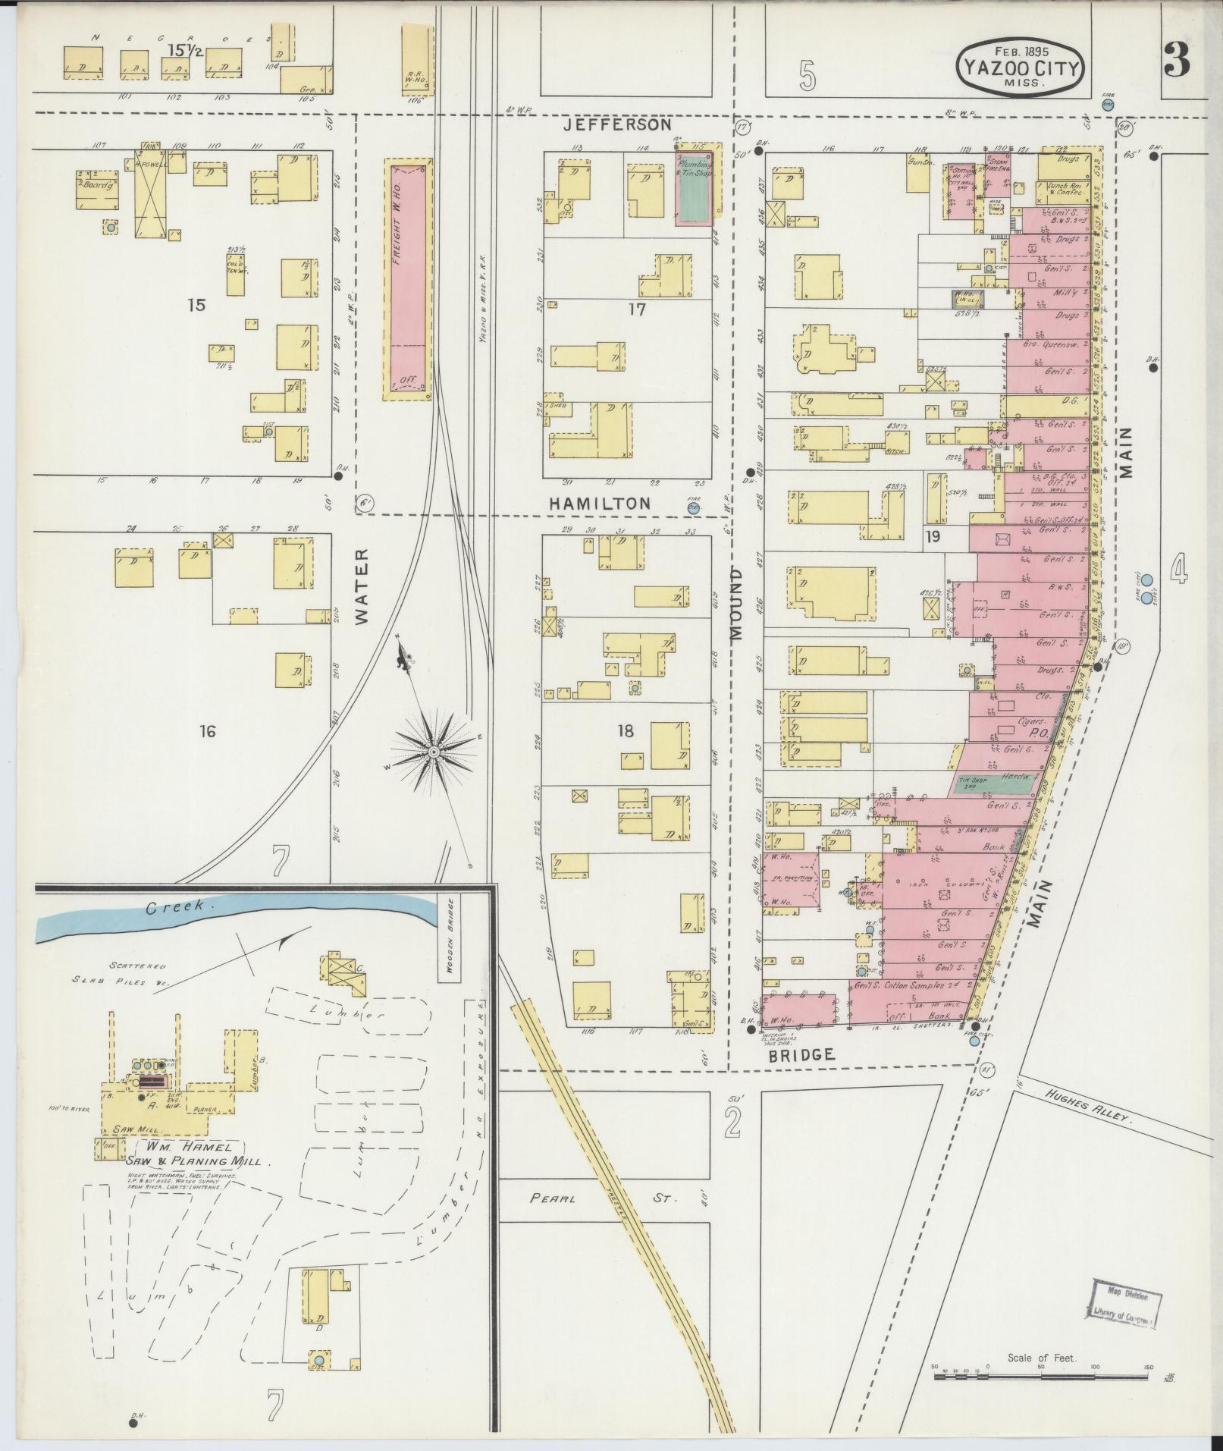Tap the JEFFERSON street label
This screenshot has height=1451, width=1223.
[x=619, y=124]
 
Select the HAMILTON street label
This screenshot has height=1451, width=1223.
[x=600, y=503]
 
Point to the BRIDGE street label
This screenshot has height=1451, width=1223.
[x=803, y=1054]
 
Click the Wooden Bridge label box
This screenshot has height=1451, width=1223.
[x=449, y=937]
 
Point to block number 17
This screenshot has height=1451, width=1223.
[x=636, y=309]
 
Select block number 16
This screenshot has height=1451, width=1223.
[x=207, y=731]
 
